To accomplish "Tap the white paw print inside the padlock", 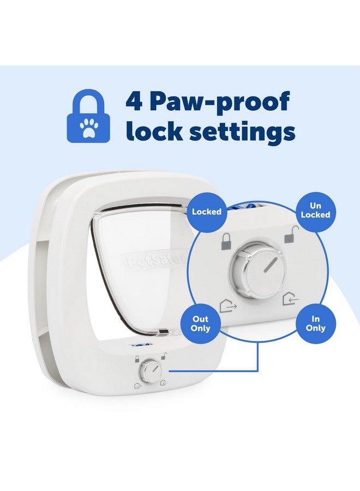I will click(x=88, y=127).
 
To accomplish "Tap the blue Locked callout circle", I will click(x=207, y=211).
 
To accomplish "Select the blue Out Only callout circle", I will click(x=200, y=324).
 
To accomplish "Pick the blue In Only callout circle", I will click(x=316, y=324).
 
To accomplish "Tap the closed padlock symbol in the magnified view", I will click(x=225, y=241).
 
